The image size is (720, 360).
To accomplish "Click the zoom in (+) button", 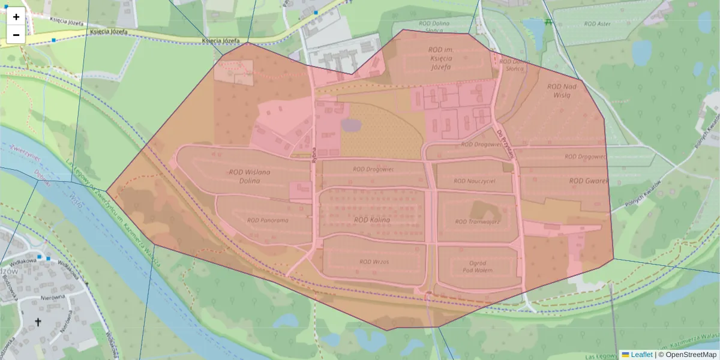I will (x=16, y=17).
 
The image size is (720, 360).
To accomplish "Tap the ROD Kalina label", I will (x=372, y=220).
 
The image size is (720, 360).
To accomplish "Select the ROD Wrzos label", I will (x=374, y=262).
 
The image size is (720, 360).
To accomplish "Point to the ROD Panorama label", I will (x=268, y=220).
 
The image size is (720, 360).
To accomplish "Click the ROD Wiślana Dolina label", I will (x=250, y=176).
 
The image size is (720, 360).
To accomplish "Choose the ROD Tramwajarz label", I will (x=477, y=222).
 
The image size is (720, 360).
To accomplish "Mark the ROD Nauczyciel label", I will (x=474, y=181).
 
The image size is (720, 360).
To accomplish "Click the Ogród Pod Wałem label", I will (x=478, y=266).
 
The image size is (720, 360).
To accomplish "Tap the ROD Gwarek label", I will (x=589, y=181).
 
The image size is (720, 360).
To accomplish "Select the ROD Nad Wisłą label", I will (x=562, y=91).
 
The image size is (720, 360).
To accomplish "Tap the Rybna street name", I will (x=314, y=151).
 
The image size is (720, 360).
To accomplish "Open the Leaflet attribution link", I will (x=641, y=355).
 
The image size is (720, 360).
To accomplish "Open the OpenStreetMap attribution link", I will (x=690, y=355).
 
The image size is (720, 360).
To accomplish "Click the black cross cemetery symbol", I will (x=38, y=322).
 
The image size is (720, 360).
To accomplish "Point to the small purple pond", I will (x=351, y=125).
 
